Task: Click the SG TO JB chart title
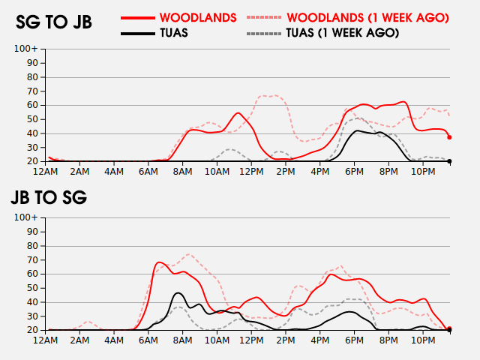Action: (54, 22)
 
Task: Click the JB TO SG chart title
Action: (49, 198)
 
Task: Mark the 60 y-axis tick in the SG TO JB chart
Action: (34, 105)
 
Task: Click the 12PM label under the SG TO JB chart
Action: (250, 172)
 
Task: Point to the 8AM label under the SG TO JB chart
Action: (182, 172)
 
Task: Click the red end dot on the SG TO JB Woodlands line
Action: (449, 137)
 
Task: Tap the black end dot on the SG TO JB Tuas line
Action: (449, 161)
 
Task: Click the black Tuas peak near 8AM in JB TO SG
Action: (178, 293)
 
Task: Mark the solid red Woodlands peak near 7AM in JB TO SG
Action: (159, 262)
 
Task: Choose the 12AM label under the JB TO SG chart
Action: (47, 341)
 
